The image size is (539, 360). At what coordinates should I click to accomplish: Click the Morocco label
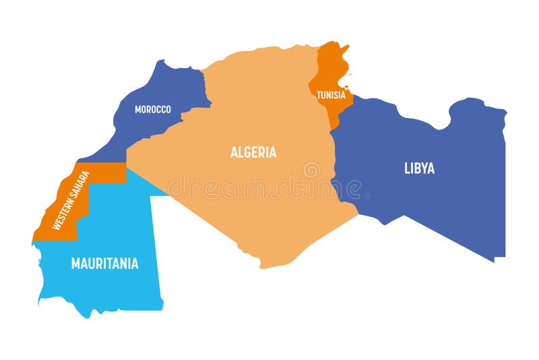(x=152, y=109)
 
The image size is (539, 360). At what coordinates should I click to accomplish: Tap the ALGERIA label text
(x=253, y=152)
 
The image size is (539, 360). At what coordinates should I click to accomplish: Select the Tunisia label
(x=331, y=95)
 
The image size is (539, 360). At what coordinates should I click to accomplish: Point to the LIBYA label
(x=419, y=169)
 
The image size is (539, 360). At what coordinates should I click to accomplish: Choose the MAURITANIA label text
(x=104, y=264)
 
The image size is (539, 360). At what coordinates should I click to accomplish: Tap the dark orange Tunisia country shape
(x=330, y=67)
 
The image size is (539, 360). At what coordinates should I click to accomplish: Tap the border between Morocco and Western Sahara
(x=101, y=162)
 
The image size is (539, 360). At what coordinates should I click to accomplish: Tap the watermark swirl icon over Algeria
(x=311, y=170)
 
